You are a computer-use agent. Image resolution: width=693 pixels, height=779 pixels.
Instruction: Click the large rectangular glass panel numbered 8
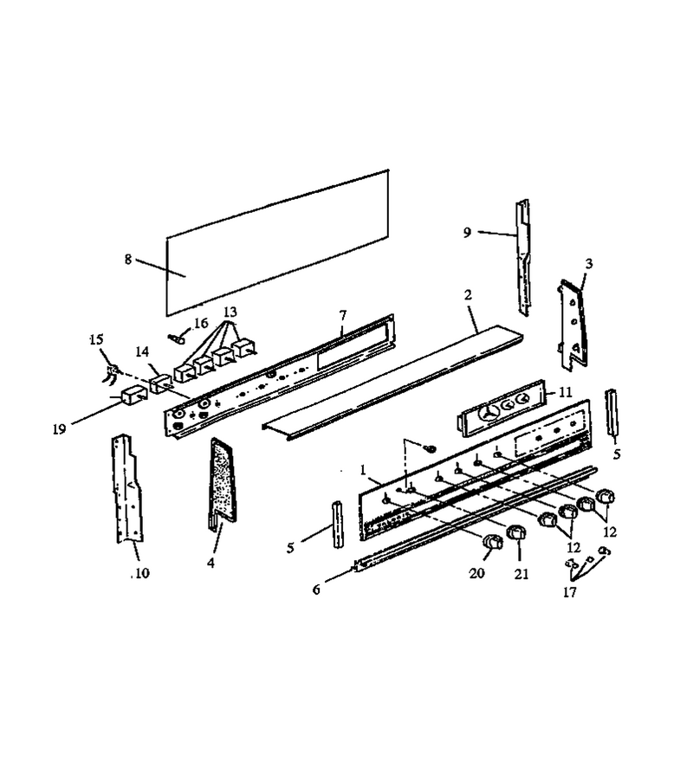pyautogui.click(x=277, y=243)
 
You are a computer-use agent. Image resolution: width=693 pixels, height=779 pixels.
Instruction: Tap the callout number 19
pyautogui.click(x=59, y=428)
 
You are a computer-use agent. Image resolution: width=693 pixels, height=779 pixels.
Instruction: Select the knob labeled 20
pyautogui.click(x=492, y=542)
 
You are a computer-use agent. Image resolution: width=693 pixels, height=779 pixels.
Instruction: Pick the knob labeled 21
pyautogui.click(x=515, y=532)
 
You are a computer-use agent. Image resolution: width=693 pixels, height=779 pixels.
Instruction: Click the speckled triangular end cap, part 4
pyautogui.click(x=223, y=480)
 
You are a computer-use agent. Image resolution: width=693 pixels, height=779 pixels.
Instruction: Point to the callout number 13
pyautogui.click(x=230, y=312)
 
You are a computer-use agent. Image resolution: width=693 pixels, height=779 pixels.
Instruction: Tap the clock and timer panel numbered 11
pyautogui.click(x=502, y=408)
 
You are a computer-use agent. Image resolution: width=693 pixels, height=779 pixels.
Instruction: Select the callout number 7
pyautogui.click(x=342, y=315)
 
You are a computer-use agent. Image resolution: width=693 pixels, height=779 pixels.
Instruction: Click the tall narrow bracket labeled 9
pyautogui.click(x=523, y=257)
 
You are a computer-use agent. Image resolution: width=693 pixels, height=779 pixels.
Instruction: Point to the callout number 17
pyautogui.click(x=570, y=592)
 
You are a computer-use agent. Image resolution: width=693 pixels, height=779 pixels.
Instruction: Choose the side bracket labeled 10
pyautogui.click(x=126, y=489)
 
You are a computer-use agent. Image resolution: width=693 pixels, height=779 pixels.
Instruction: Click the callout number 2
pyautogui.click(x=468, y=294)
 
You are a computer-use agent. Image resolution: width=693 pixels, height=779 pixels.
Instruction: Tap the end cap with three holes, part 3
pyautogui.click(x=573, y=324)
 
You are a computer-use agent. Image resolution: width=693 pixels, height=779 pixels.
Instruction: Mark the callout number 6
pyautogui.click(x=316, y=589)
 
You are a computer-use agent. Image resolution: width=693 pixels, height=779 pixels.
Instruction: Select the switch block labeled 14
pyautogui.click(x=162, y=384)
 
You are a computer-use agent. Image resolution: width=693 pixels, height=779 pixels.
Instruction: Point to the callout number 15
pyautogui.click(x=96, y=339)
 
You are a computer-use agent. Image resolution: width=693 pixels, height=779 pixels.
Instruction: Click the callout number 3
pyautogui.click(x=589, y=263)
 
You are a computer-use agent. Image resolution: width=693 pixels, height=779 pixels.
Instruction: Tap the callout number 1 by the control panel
pyautogui.click(x=363, y=469)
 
